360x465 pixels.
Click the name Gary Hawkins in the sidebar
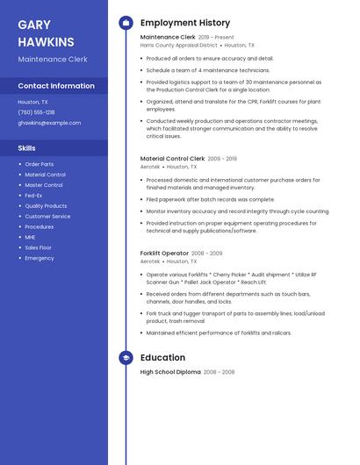click(x=46, y=33)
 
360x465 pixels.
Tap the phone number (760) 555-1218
click(x=36, y=112)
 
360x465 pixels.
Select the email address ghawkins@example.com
click(x=49, y=123)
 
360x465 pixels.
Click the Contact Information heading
click(x=56, y=86)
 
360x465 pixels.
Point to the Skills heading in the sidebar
click(x=27, y=148)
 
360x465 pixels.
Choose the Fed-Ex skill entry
click(x=33, y=196)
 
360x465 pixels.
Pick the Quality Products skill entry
click(x=46, y=206)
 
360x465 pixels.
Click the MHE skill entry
click(x=30, y=237)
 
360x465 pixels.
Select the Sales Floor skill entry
click(x=38, y=247)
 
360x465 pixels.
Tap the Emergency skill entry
click(x=40, y=258)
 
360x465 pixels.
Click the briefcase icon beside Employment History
click(x=126, y=23)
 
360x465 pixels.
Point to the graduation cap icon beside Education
click(x=126, y=358)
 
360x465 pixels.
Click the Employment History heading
click(x=185, y=23)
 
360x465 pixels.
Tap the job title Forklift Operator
click(x=164, y=253)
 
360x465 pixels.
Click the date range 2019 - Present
click(x=216, y=38)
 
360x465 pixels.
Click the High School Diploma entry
click(x=170, y=372)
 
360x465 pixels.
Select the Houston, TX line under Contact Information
click(x=33, y=102)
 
